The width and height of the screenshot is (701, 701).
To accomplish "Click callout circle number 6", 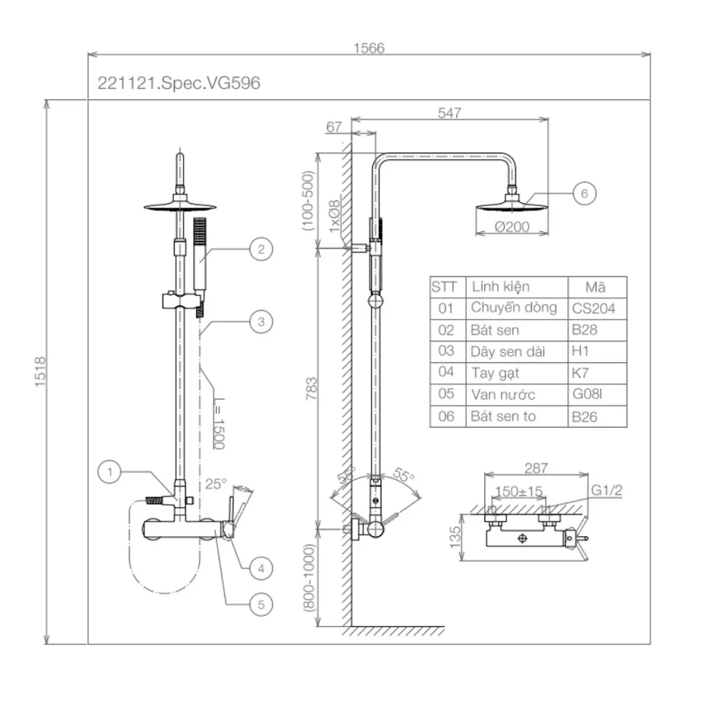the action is tap(585, 194).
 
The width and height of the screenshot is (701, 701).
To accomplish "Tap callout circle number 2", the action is tap(261, 249).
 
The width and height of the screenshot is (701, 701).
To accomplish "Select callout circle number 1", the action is tap(110, 472).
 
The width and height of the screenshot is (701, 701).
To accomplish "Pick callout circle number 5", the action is tap(261, 605).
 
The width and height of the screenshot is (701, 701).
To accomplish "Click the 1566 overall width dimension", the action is tap(369, 48).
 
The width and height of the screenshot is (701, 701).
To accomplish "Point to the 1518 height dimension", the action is tap(40, 372).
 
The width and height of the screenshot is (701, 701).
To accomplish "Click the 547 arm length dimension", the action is tap(449, 113).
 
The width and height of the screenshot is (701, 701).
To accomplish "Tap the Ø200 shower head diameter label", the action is tap(512, 227).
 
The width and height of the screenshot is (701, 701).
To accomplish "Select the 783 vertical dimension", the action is tap(312, 388).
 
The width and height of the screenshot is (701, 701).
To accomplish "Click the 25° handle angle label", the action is tap(216, 484).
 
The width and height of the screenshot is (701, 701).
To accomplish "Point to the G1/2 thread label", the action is tap(607, 491).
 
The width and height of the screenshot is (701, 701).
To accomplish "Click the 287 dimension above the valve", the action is tap(536, 468).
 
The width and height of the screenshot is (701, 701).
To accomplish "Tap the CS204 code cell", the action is tap(594, 308).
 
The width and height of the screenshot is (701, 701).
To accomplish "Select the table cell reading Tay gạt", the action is tap(495, 373).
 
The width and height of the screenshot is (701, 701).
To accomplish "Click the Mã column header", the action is tap(595, 286).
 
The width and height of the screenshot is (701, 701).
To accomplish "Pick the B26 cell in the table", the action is tap(585, 416).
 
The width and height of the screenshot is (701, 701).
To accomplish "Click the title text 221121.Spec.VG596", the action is tap(179, 83).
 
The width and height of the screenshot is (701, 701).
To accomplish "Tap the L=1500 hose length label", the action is tap(219, 423).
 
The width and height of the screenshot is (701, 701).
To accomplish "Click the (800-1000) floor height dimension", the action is tap(309, 577).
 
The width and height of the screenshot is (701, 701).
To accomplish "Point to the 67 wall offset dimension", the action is tap(333, 127).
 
